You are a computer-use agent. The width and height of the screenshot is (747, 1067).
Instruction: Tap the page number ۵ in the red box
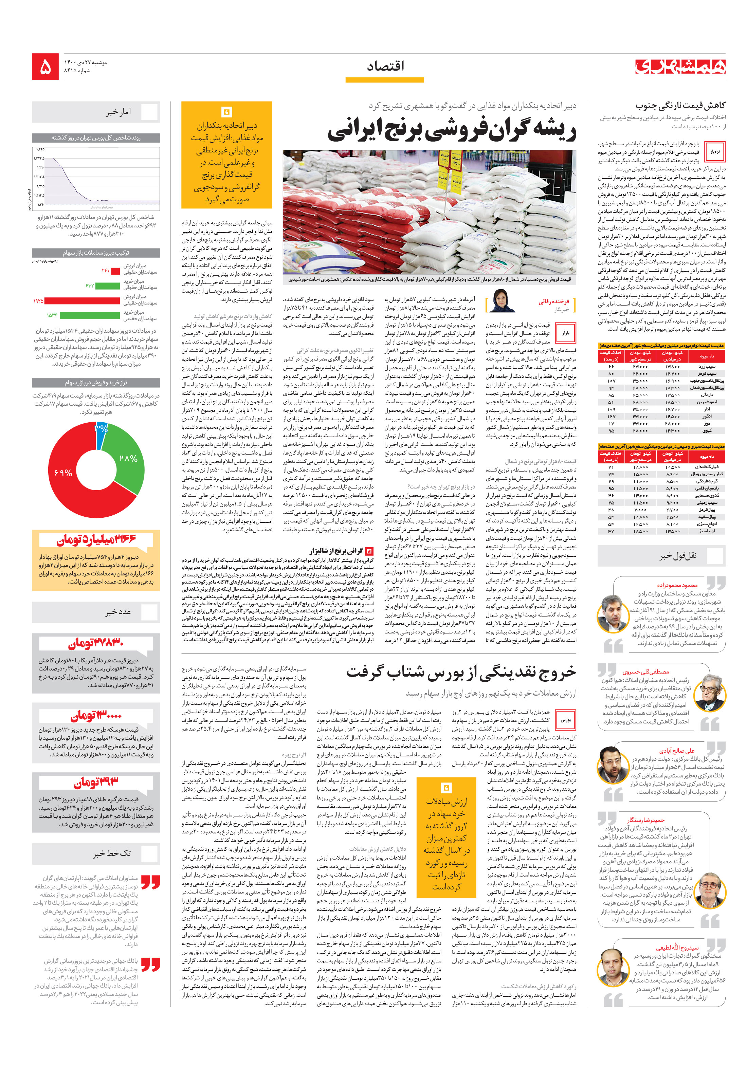click(x=45, y=67)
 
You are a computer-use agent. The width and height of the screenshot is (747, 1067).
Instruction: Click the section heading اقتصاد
click(x=385, y=67)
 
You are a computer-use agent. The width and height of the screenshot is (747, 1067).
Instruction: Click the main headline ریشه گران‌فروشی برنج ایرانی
click(x=452, y=130)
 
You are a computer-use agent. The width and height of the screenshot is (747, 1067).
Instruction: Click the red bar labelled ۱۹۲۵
click(x=82, y=301)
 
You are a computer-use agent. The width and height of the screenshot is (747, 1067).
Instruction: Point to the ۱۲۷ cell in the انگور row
click(x=611, y=417)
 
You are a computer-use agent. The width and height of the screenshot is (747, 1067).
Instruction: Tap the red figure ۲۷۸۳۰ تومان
click(x=96, y=644)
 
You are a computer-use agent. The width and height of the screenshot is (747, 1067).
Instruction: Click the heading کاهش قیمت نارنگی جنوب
click(x=680, y=106)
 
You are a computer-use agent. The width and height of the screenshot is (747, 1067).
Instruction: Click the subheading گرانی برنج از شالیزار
click(x=336, y=551)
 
